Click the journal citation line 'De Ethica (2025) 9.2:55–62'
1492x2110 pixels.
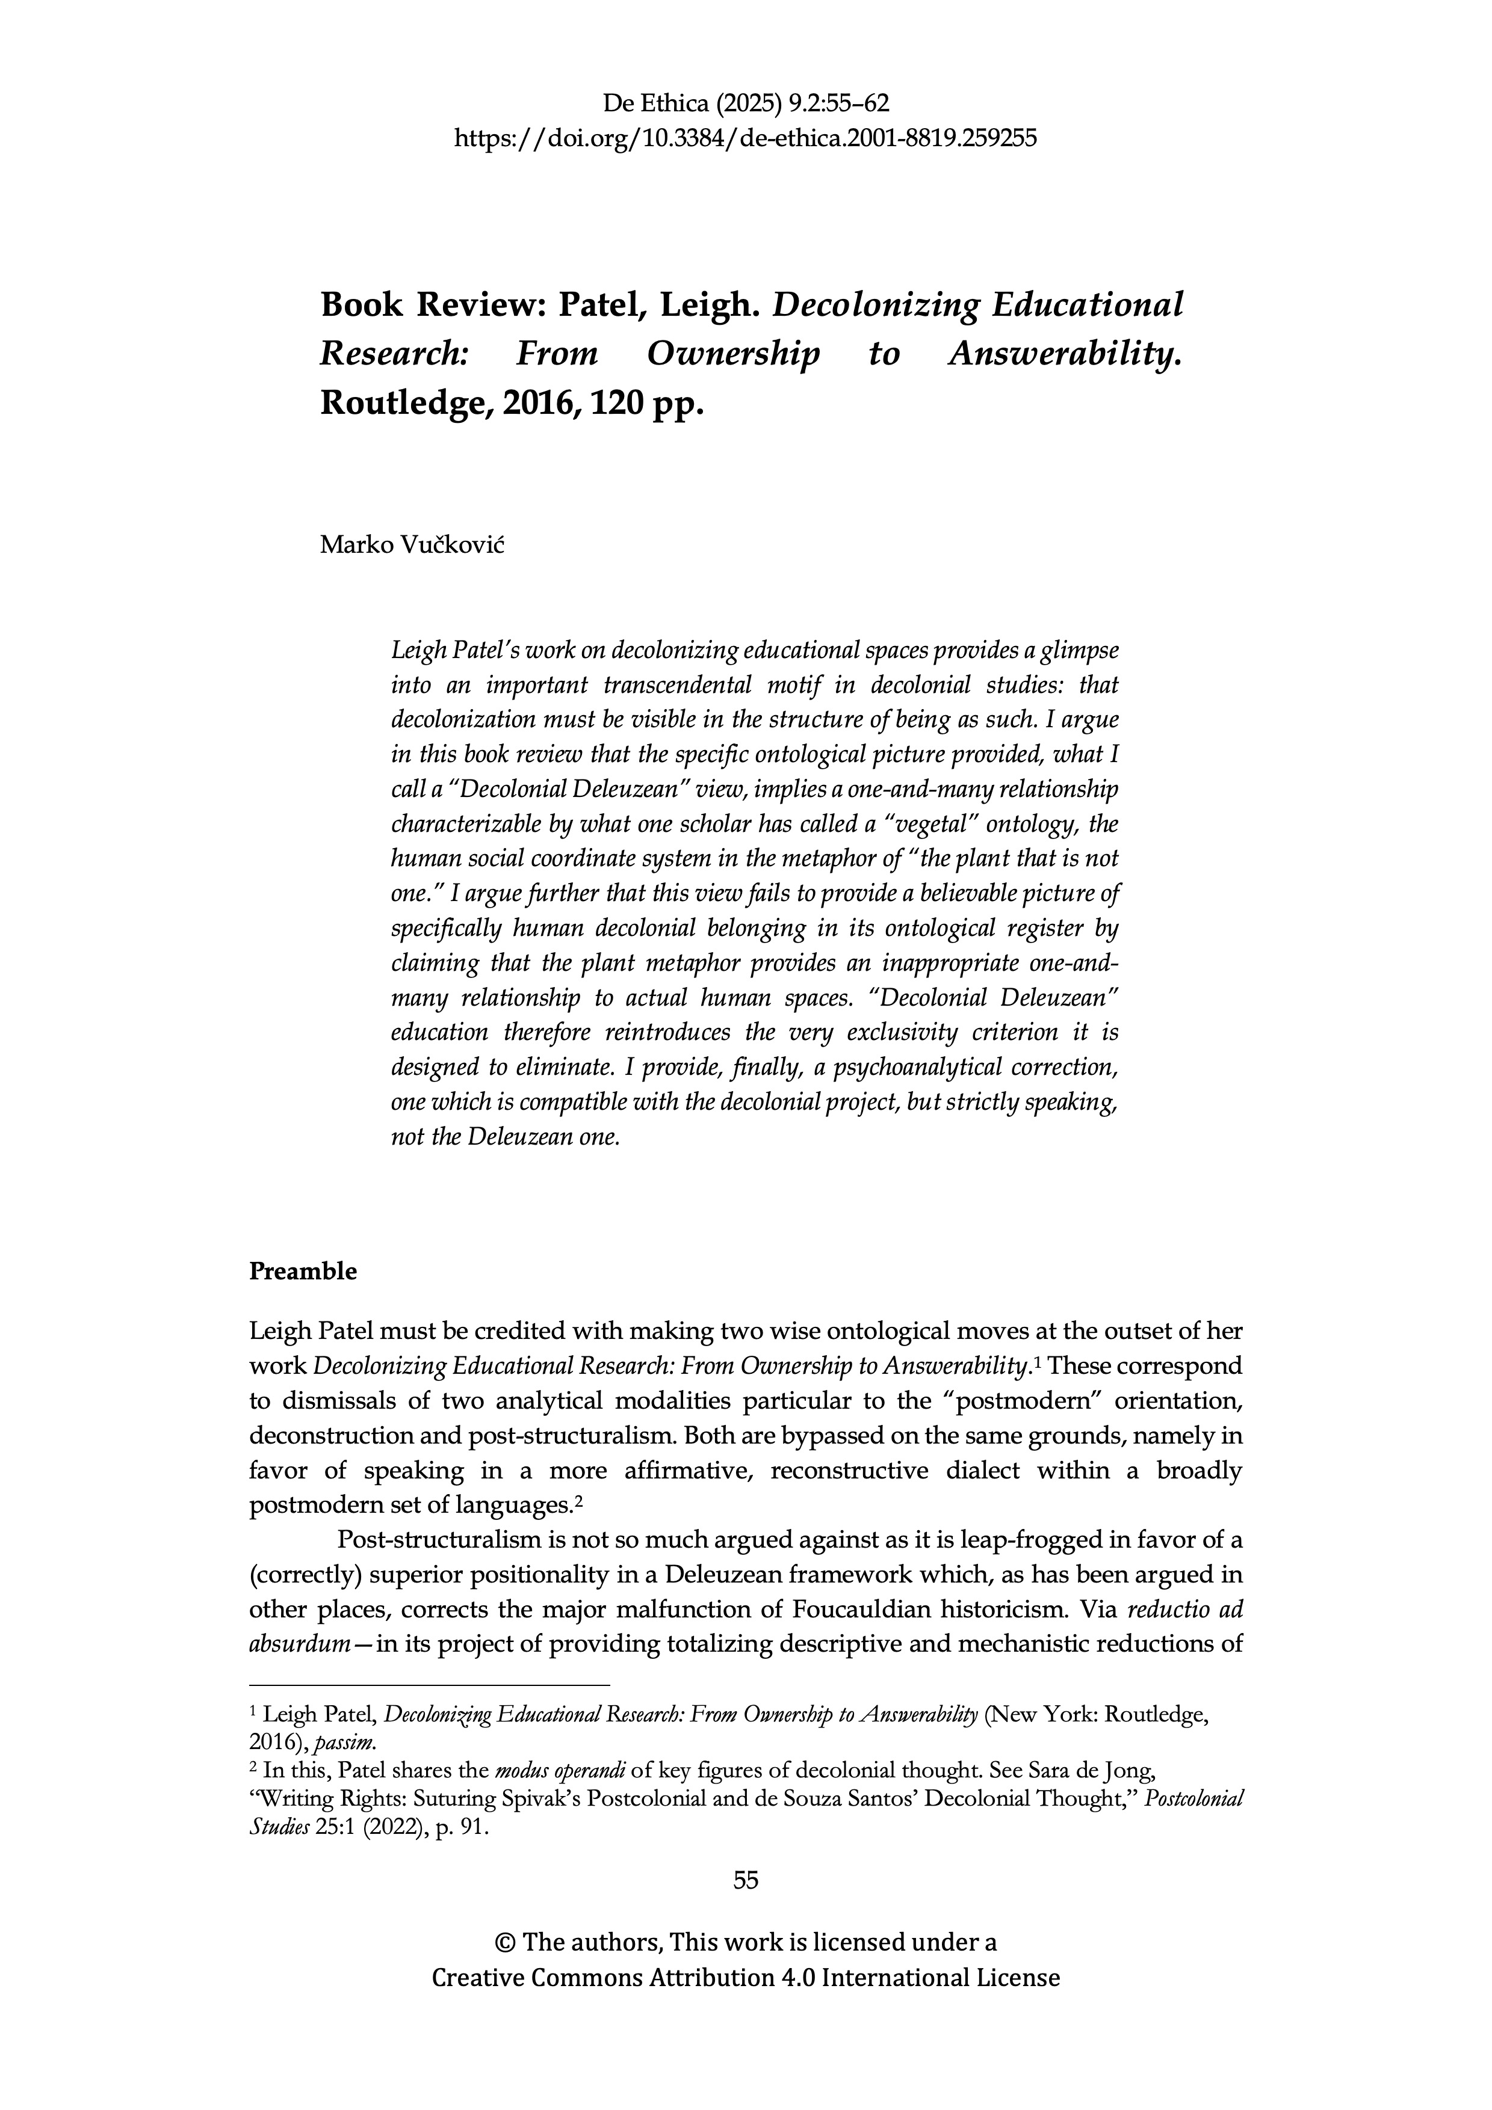[x=746, y=103]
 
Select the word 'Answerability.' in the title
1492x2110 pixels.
[x=1063, y=355]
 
